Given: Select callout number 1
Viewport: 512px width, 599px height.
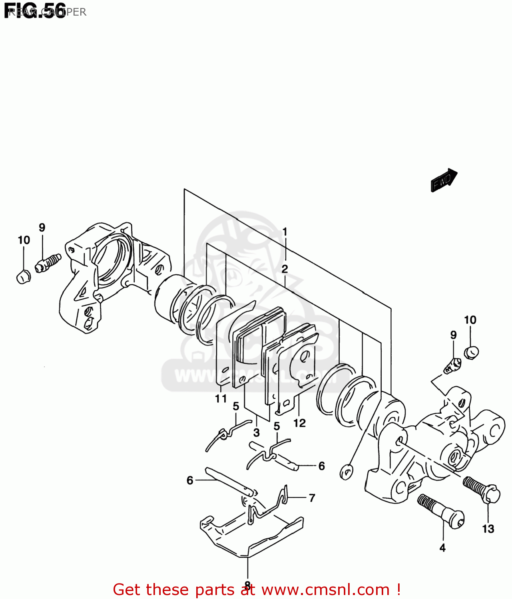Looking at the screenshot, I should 285,232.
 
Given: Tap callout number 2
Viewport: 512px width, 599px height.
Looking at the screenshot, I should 285,269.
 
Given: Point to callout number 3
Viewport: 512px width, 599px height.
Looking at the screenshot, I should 256,432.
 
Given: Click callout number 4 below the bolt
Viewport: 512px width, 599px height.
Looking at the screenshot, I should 442,548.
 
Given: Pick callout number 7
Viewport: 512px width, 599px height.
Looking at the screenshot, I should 312,498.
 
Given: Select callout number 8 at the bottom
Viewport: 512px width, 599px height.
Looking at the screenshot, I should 248,586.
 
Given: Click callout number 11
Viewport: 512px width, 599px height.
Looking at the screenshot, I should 221,399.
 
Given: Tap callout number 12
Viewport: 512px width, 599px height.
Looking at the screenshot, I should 299,423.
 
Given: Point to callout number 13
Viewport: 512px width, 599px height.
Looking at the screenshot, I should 488,529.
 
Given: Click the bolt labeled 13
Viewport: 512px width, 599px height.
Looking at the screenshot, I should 482,490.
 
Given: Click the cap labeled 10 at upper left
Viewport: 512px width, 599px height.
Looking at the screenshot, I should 23,276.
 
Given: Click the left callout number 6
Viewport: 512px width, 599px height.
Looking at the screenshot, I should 190,480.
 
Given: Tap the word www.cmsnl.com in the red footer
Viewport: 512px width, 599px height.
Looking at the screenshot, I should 325,589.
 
